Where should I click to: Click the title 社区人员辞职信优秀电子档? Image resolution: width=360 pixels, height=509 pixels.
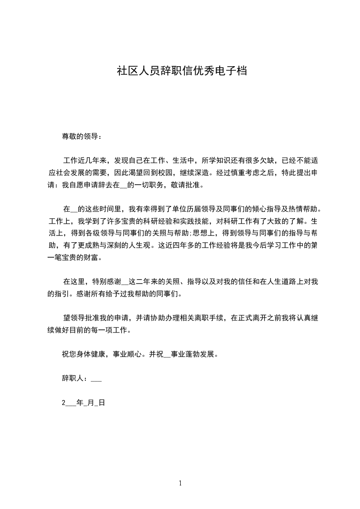tap(182, 71)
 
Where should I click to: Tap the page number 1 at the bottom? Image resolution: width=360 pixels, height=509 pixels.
tap(180, 483)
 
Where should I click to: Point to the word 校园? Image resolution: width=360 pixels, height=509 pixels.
tap(164, 172)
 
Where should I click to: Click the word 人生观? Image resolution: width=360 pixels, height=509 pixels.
tap(138, 246)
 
